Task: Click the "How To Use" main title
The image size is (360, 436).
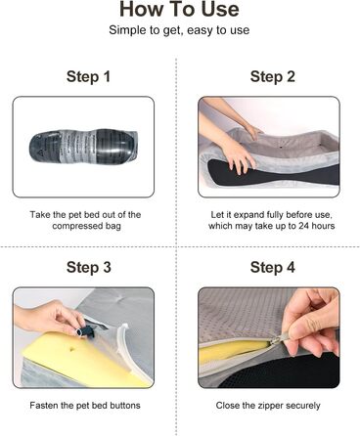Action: pos(179,9)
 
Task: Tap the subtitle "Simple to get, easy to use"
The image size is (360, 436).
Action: pos(179,30)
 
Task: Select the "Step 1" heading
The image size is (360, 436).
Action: pos(88,77)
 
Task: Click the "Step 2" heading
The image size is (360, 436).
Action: pos(273,77)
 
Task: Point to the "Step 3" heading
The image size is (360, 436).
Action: pos(89,268)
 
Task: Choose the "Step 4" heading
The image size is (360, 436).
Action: pos(273,268)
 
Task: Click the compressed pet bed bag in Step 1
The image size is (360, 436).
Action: pos(83,148)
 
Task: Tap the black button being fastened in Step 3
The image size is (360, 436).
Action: pos(85,330)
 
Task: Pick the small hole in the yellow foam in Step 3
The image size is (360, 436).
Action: pos(71,349)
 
